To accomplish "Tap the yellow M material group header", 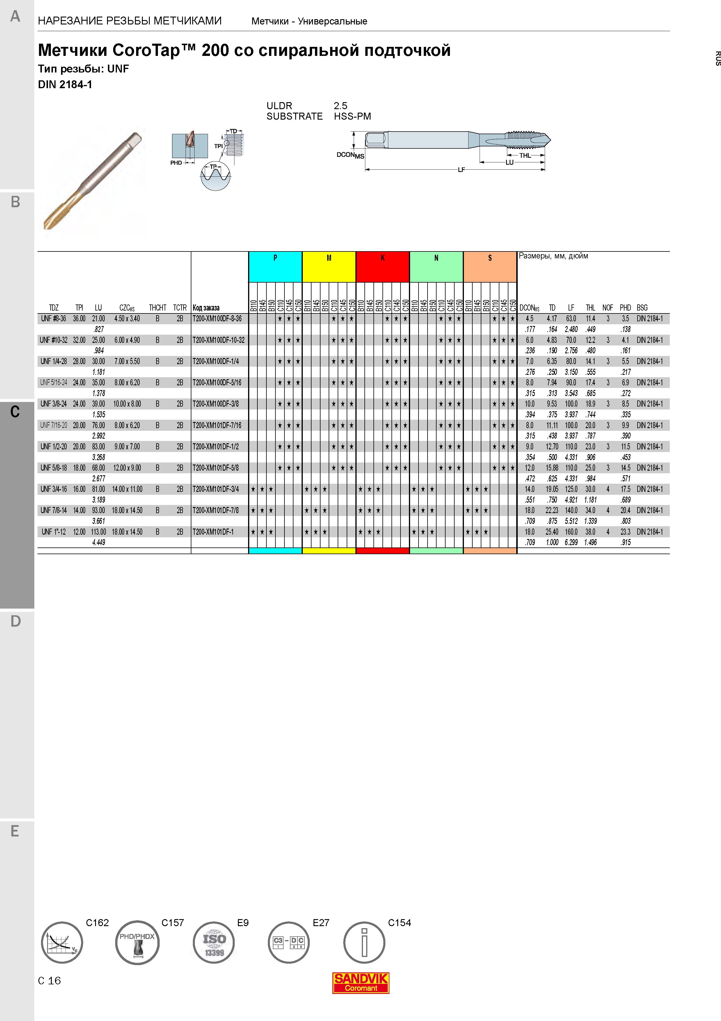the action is click(329, 267).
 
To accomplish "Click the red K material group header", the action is click(382, 267).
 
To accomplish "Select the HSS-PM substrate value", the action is click(352, 116).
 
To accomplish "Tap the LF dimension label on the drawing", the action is click(461, 169).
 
